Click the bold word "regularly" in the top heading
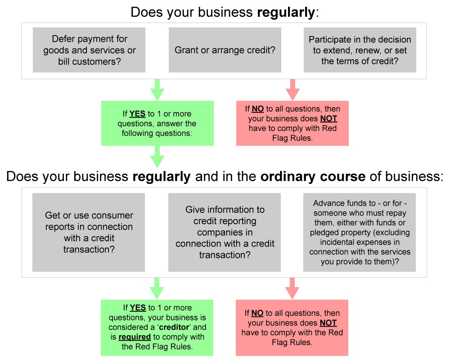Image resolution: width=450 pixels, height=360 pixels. click(285, 12)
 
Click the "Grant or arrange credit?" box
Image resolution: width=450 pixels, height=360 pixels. click(225, 50)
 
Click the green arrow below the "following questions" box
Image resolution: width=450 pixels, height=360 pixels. click(157, 156)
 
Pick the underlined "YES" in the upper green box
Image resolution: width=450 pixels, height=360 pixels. click(137, 114)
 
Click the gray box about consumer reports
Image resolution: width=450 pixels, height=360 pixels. click(89, 232)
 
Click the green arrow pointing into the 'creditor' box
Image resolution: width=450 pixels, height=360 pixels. click(157, 288)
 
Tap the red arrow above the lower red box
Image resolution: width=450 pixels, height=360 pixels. click(292, 288)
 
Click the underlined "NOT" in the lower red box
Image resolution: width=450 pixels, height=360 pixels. click(328, 323)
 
